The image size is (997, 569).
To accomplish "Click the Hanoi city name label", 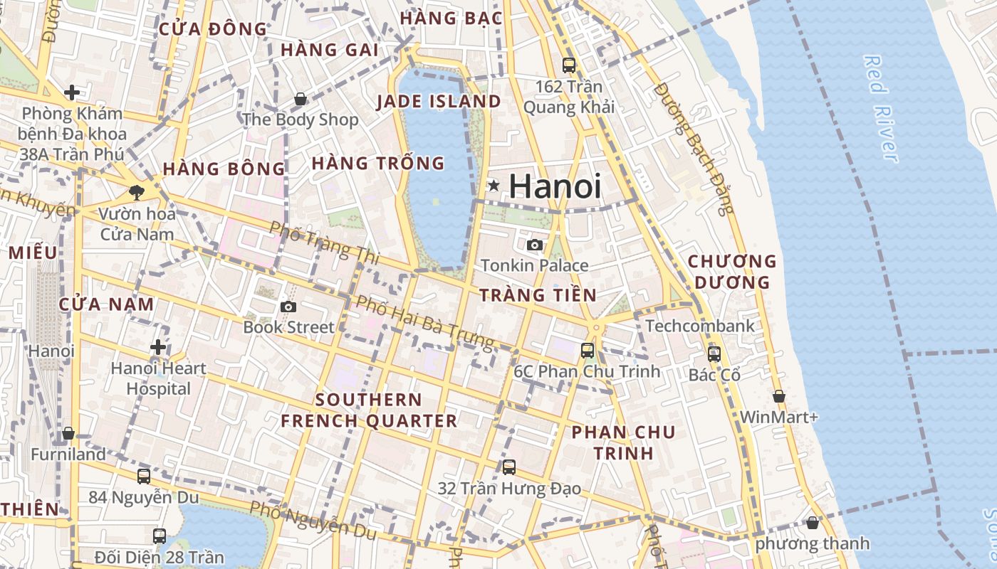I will point(555,186).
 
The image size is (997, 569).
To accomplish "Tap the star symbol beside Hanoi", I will point(494,186).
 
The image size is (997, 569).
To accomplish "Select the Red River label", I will point(880,108).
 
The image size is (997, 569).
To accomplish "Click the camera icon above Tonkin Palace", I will point(534,245).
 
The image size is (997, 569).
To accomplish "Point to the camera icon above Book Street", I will point(288,307).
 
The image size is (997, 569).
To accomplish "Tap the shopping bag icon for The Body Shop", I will point(301,99).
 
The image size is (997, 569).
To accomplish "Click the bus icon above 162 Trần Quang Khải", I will point(569,65).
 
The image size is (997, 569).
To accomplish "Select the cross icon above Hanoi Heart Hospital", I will point(158,347).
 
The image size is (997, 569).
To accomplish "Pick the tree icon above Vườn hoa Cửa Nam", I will point(137,192).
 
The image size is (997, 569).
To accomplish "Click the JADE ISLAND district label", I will point(439,102).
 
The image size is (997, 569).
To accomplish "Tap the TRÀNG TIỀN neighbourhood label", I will point(538,295).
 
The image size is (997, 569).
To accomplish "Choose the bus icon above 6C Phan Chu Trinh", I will point(588,350).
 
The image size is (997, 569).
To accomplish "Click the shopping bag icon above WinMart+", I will point(779,396).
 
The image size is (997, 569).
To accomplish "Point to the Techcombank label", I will point(699,326).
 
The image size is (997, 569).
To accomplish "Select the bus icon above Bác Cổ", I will point(714,353).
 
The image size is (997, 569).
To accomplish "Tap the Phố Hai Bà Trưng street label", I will point(425,322).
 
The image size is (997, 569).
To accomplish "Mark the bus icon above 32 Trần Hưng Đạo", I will point(509,467).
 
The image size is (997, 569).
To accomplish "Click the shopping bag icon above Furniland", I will point(68,433).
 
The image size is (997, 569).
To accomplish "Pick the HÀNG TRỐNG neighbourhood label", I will point(378,164).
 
